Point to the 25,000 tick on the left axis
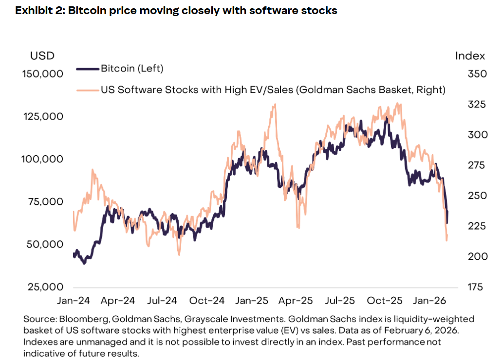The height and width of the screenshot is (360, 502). (x=44, y=287)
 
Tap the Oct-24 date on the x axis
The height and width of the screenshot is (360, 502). (x=207, y=301)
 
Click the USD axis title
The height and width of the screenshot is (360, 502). (x=42, y=55)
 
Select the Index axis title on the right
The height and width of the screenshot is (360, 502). (x=470, y=55)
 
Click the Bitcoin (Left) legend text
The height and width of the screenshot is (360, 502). (x=132, y=69)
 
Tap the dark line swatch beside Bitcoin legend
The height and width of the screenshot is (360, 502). (x=88, y=69)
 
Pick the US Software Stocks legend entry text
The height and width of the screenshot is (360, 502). (x=273, y=90)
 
